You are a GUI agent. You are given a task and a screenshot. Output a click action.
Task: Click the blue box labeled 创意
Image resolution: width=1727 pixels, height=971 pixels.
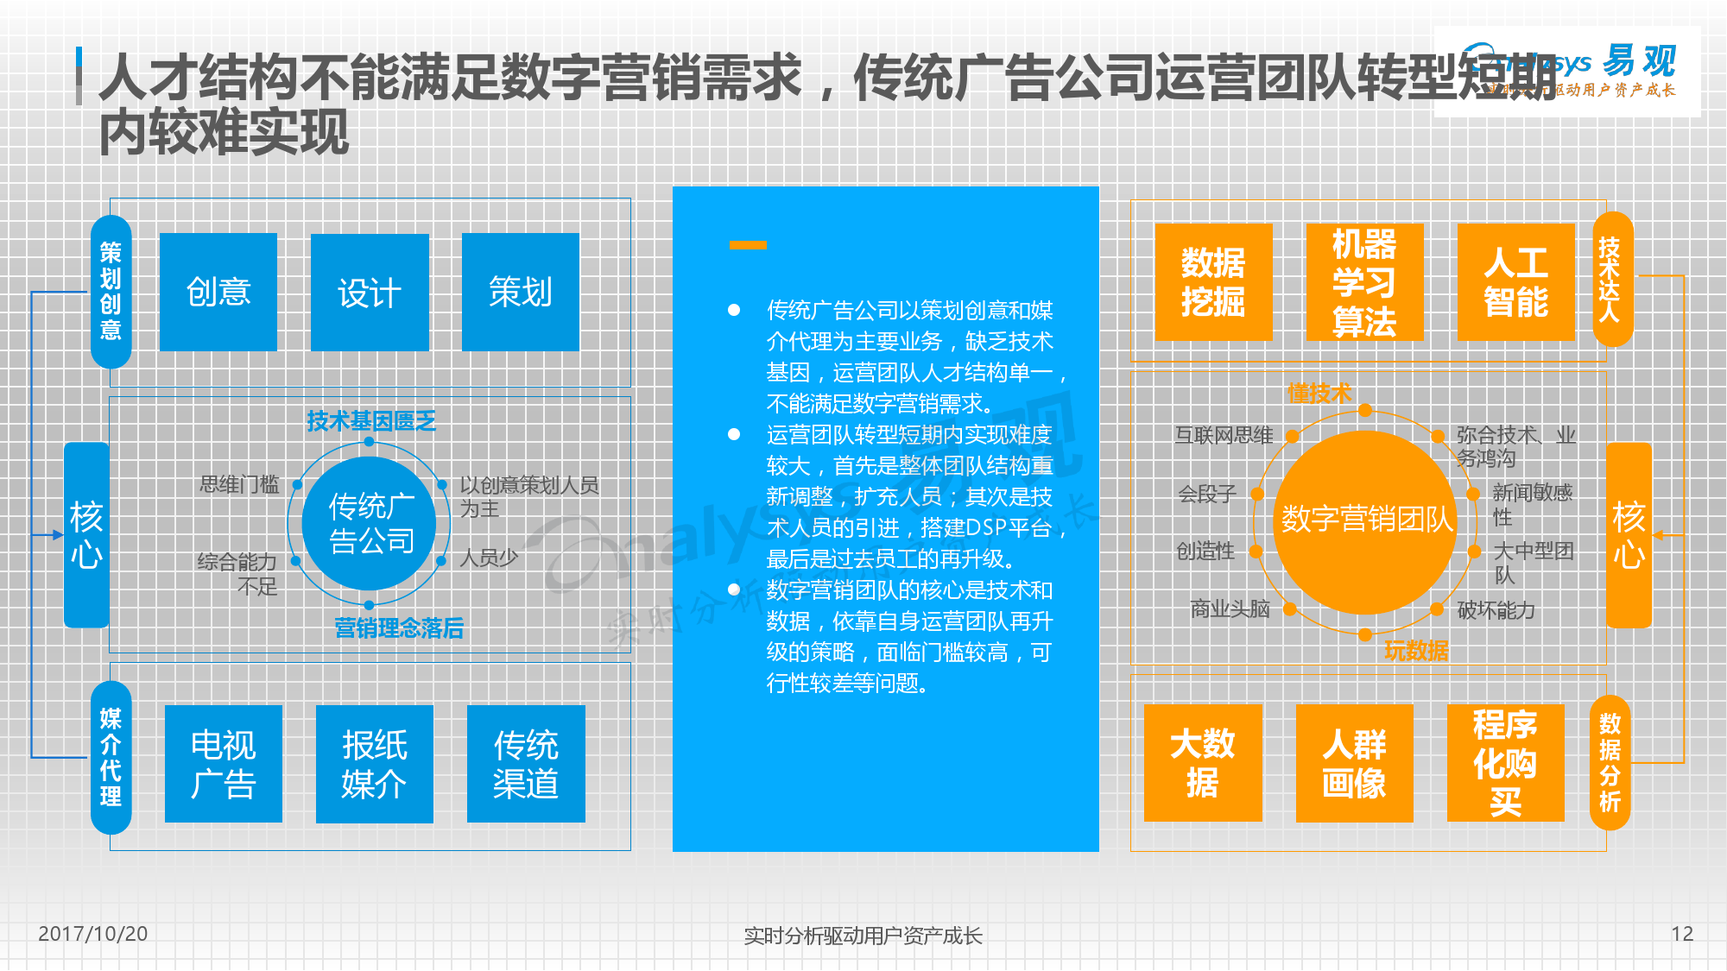click(218, 292)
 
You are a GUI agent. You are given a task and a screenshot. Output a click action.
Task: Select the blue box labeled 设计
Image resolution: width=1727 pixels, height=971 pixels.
click(370, 292)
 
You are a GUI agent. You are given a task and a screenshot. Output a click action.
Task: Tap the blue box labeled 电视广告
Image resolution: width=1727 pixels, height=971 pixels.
click(224, 764)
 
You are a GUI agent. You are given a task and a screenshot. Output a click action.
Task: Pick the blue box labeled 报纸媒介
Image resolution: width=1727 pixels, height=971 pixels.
click(375, 764)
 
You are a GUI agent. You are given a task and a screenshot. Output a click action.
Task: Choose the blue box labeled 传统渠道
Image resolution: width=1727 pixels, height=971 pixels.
click(526, 764)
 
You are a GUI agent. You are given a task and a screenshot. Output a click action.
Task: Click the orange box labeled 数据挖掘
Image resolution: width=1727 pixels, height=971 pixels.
click(1213, 282)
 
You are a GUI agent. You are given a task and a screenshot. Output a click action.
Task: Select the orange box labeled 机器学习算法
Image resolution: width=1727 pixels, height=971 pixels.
click(1364, 282)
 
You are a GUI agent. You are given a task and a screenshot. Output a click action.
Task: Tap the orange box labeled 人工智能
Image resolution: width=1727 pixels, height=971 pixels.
click(1515, 282)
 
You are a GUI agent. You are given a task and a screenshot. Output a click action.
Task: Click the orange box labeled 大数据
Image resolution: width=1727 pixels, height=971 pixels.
click(1203, 763)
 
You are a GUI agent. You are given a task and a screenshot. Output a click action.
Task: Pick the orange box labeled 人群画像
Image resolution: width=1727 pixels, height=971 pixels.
click(1354, 763)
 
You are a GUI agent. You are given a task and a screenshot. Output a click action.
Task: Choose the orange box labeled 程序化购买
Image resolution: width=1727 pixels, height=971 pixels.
click(1505, 763)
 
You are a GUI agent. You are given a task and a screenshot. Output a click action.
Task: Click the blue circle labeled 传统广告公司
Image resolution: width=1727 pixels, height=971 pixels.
click(370, 523)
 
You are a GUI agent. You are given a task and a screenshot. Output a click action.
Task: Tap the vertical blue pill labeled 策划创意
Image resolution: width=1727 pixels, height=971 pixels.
click(111, 292)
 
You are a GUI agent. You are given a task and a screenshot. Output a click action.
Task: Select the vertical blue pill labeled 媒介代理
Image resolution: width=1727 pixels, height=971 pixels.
click(111, 758)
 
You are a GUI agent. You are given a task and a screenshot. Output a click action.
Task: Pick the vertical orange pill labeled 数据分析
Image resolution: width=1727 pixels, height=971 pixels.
click(1610, 763)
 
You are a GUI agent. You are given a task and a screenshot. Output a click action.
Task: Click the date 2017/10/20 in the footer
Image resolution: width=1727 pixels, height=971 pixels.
click(93, 934)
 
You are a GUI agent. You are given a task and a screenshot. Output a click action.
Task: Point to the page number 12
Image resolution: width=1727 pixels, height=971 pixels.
click(1682, 934)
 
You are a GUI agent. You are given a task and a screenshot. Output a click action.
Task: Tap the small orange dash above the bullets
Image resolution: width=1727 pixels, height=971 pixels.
click(748, 245)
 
